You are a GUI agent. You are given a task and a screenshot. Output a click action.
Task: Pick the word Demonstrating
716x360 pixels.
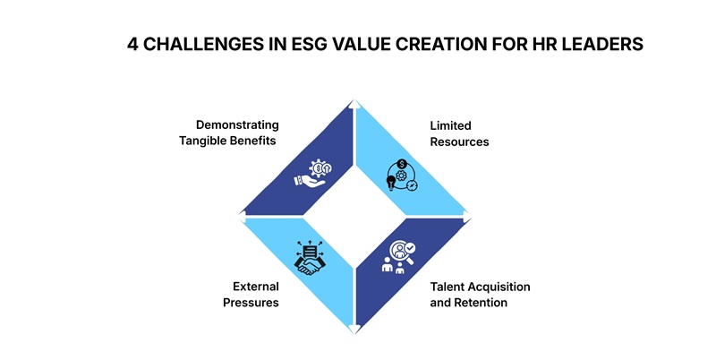click(x=237, y=124)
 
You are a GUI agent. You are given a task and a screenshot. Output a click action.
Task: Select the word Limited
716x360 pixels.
click(x=450, y=125)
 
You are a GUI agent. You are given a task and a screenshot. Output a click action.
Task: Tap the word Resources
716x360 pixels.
click(x=459, y=141)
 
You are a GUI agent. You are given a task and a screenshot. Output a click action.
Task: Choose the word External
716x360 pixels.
click(x=257, y=287)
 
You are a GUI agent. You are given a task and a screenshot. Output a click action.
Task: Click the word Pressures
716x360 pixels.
click(x=252, y=303)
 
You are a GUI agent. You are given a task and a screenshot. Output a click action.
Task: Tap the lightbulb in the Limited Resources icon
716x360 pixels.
click(x=390, y=181)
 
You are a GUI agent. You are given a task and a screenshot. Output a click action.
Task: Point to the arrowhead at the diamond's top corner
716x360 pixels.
click(x=355, y=105)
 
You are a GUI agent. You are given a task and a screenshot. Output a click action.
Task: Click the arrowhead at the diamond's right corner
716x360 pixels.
click(x=466, y=215)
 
